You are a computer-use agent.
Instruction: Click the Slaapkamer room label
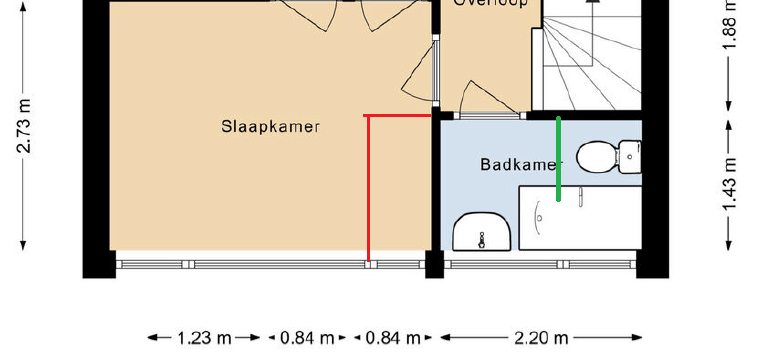tap(271, 127)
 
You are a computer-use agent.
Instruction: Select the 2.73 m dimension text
tap(24, 125)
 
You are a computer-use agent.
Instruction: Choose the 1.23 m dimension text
tap(205, 338)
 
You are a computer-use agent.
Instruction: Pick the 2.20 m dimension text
tap(543, 338)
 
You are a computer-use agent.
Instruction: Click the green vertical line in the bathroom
tap(558, 160)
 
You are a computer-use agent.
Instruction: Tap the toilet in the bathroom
tap(597, 156)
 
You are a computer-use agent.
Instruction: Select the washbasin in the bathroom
tap(483, 233)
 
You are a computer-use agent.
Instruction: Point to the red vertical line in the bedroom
tap(368, 190)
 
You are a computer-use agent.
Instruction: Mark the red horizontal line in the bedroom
tap(398, 116)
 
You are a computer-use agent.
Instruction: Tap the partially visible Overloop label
tap(490, 4)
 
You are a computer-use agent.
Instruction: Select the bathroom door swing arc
tap(470, 98)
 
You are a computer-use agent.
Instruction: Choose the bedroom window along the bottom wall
tap(270, 264)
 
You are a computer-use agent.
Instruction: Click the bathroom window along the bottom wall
tap(540, 264)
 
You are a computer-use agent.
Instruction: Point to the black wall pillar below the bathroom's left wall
tap(434, 264)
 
